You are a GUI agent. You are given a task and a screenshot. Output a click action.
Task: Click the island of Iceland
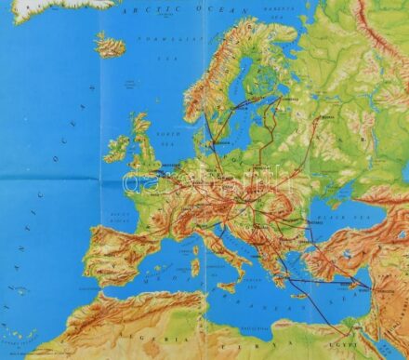pos(110,46)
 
